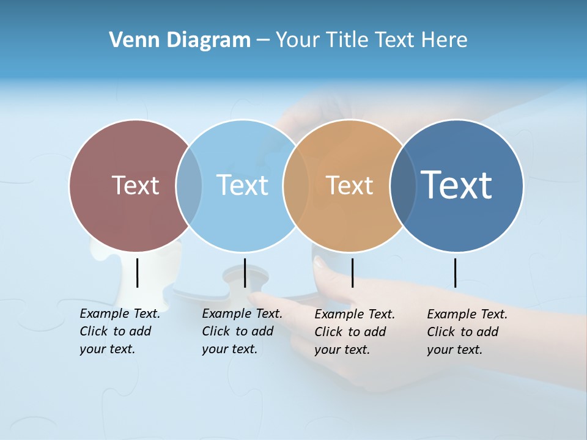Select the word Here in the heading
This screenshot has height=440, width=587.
tap(445, 40)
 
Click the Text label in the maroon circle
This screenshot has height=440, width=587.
tap(135, 185)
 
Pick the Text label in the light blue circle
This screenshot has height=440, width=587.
tap(242, 185)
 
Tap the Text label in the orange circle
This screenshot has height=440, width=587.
tap(349, 185)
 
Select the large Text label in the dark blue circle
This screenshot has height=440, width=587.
tap(457, 185)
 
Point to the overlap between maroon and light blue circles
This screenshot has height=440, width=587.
tap(189, 186)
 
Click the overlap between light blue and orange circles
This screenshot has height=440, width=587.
tap(296, 186)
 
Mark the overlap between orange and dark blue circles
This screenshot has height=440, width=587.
tap(403, 186)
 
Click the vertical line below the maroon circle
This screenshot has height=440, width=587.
tap(137, 273)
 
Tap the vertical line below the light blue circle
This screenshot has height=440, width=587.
tap(245, 273)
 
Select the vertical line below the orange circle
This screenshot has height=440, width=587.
tap(352, 273)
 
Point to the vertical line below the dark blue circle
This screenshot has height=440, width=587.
tap(455, 273)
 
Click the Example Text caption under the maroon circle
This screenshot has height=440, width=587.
tap(119, 331)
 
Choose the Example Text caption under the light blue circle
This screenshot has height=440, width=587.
tap(242, 331)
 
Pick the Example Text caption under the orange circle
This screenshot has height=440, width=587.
tap(354, 332)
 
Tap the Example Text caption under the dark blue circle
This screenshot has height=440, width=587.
tap(467, 332)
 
